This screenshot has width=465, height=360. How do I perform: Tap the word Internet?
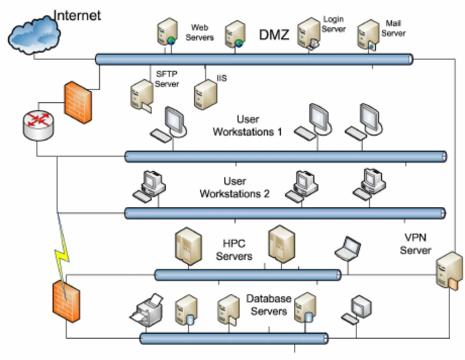coord(77,15)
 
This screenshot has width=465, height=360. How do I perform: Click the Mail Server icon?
coord(368,37)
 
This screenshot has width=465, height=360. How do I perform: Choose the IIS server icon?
coord(204,94)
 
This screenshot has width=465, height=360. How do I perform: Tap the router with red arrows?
coord(38,124)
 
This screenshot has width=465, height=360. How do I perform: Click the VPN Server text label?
coord(415,245)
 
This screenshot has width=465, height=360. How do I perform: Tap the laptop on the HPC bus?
coord(347,248)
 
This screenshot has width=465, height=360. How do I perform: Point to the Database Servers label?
coord(267,305)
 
